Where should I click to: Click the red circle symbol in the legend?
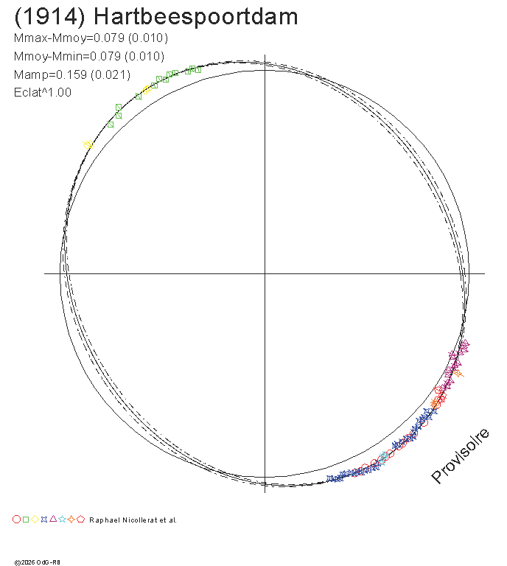pos(17,520)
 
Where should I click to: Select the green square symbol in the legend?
pos(26,520)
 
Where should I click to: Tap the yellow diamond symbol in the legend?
pos(35,520)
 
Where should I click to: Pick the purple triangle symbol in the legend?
pos(53,519)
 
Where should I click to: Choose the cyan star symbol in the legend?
pos(62,520)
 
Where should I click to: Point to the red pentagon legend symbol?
pos(81,519)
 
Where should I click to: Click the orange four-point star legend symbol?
pos(71,520)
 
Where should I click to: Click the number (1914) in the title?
pos(49,17)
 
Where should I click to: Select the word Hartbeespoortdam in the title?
pos(196,17)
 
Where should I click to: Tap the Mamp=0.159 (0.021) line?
pos(71,74)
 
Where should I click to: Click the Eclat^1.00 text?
pos(43,92)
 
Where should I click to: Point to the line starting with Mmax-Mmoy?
pos(91,38)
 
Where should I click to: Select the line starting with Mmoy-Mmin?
pos(89,56)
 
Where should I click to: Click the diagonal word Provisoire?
pos(460,455)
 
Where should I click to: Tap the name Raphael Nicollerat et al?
pos(133,520)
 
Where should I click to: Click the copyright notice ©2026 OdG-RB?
pos(37,562)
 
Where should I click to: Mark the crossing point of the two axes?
pos(265,273)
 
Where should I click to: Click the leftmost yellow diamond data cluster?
pos(88,144)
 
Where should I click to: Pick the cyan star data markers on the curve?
pos(383,458)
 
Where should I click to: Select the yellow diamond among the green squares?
pos(146,89)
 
